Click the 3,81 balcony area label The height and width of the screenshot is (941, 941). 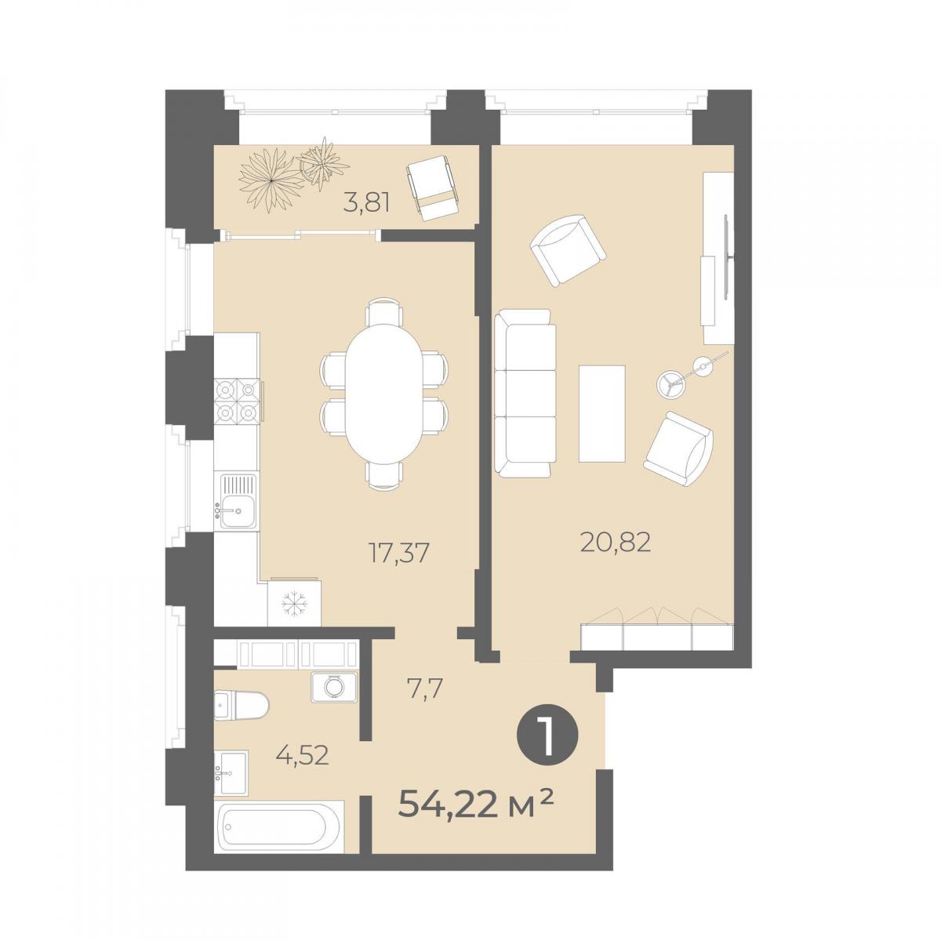367,203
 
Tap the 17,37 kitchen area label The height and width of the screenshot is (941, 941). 398,554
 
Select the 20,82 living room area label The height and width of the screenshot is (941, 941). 616,542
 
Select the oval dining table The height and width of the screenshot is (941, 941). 383,388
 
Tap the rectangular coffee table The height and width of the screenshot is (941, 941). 601,412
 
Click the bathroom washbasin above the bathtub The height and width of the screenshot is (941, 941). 231,772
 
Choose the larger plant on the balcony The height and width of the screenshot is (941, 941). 270,180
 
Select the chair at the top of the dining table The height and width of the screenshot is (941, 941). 384,310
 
